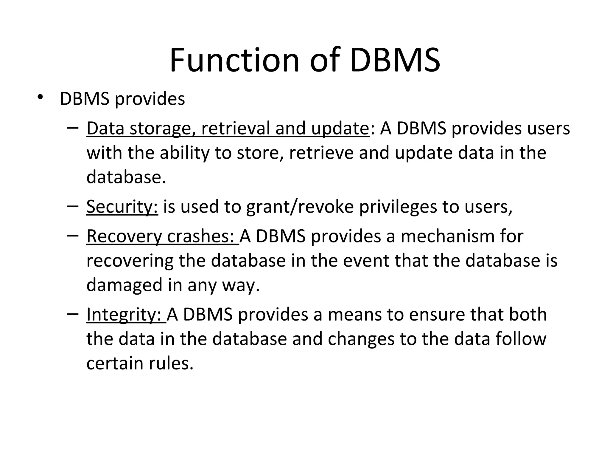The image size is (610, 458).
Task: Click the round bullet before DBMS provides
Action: (40, 97)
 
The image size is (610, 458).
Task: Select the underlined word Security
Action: (122, 206)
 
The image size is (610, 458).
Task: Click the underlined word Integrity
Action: (124, 315)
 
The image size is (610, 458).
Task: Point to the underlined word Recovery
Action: (124, 236)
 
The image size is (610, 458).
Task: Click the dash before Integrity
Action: (73, 314)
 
